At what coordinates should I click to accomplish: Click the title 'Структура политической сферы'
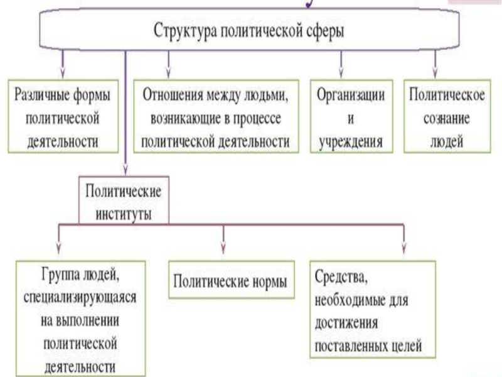coord(248,31)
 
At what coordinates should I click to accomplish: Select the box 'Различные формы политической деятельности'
coord(63,116)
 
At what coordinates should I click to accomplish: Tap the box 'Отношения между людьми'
coord(216,116)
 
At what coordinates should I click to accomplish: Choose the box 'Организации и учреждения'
coord(351,116)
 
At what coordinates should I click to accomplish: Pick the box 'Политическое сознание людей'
coord(447,116)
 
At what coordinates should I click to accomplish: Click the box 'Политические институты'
coord(124,200)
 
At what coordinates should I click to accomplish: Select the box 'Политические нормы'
coord(232,280)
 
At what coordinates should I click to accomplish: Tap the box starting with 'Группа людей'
coord(81,319)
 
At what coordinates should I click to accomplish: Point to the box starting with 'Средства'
coord(373,309)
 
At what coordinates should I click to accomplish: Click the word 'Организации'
coord(351,95)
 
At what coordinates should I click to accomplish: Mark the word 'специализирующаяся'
coord(80,297)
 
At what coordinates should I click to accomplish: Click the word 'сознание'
coord(447,118)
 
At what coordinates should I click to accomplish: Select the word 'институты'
coord(124,214)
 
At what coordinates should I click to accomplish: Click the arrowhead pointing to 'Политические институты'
coord(125,170)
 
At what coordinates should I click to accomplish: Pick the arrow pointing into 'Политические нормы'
coord(223,239)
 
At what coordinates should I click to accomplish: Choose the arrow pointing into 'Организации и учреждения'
coord(341,64)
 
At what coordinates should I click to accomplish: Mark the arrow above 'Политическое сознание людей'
coord(435,64)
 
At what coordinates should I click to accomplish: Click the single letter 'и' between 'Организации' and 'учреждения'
coord(351,119)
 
